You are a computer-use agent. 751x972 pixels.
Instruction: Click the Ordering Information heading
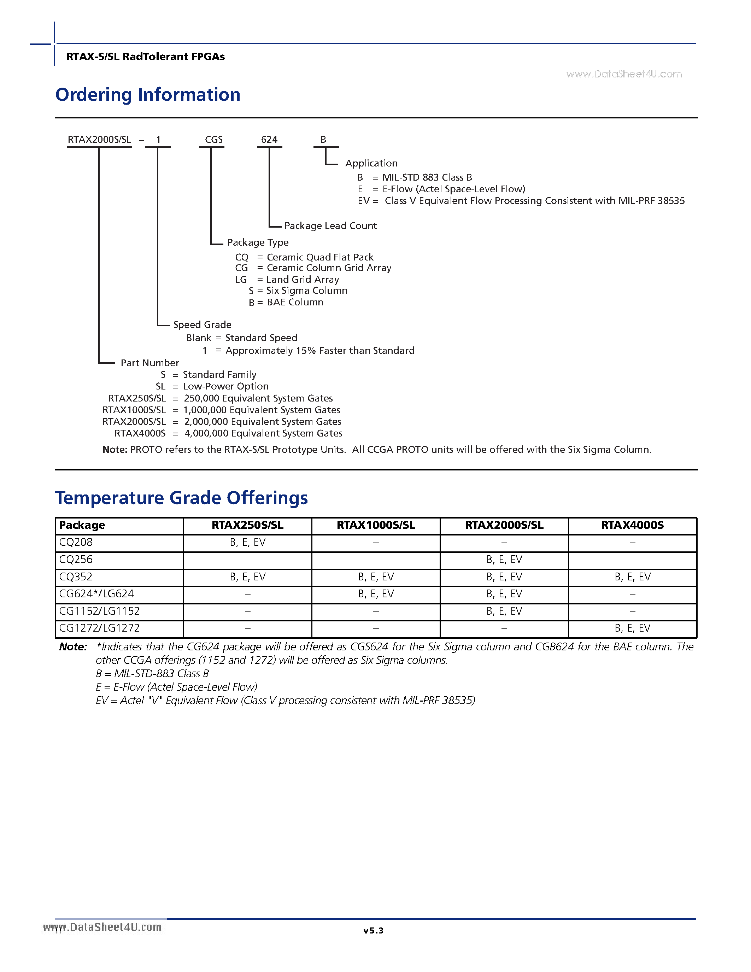148,95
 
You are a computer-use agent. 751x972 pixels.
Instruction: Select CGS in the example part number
213,140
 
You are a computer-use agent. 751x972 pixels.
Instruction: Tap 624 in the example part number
269,140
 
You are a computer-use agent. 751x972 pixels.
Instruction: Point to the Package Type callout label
258,242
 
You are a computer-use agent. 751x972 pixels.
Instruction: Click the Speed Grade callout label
202,324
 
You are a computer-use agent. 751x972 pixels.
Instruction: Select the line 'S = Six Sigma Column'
298,291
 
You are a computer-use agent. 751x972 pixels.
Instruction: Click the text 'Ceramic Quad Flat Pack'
320,257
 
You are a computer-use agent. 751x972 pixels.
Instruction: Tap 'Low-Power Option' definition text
225,386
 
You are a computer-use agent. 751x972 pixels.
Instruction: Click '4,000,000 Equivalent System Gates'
263,433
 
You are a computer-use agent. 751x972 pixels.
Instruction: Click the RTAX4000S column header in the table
632,525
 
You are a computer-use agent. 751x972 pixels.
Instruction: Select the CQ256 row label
76,560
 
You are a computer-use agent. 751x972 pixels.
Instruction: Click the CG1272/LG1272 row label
99,628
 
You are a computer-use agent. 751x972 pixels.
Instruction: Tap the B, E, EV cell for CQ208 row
247,542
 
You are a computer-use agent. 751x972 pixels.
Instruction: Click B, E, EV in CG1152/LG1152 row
504,611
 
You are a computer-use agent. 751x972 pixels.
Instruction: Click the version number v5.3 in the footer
373,931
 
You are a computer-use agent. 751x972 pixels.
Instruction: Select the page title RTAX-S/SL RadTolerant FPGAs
146,57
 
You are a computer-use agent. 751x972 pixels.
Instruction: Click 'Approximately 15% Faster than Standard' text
320,351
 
